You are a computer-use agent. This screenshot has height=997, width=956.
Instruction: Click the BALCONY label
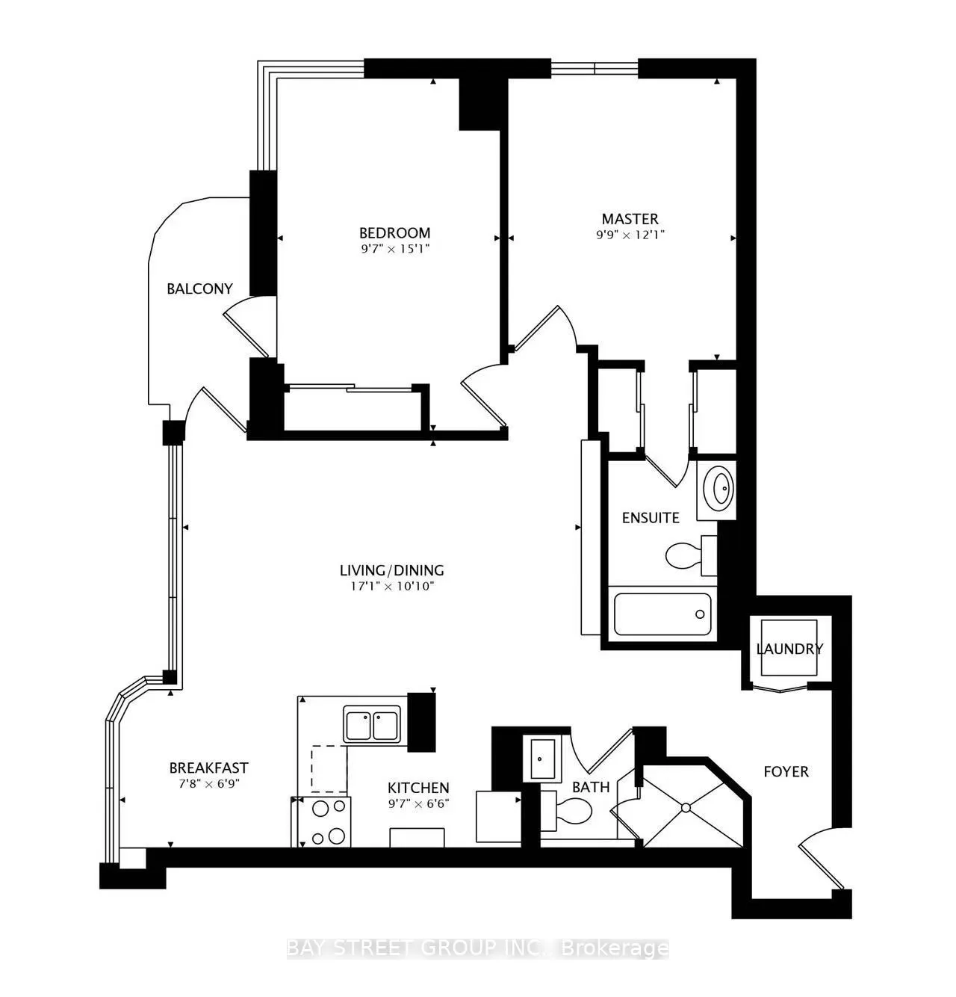199,288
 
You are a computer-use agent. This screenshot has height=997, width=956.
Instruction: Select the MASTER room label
630,219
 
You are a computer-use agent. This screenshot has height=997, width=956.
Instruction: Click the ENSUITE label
651,517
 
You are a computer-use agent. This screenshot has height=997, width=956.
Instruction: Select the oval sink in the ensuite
720,490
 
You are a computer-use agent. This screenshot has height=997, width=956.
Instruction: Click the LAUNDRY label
789,649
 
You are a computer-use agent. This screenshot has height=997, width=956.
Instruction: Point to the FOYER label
786,771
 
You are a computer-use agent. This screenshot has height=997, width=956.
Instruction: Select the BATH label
591,787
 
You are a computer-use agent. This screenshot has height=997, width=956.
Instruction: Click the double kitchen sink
372,724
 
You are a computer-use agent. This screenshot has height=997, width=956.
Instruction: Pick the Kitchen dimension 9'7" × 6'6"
418,804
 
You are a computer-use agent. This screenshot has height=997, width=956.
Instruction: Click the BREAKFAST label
208,768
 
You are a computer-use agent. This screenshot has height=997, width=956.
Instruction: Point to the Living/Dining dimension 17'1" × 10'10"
392,587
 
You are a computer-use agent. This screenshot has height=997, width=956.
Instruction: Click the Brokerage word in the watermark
614,948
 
